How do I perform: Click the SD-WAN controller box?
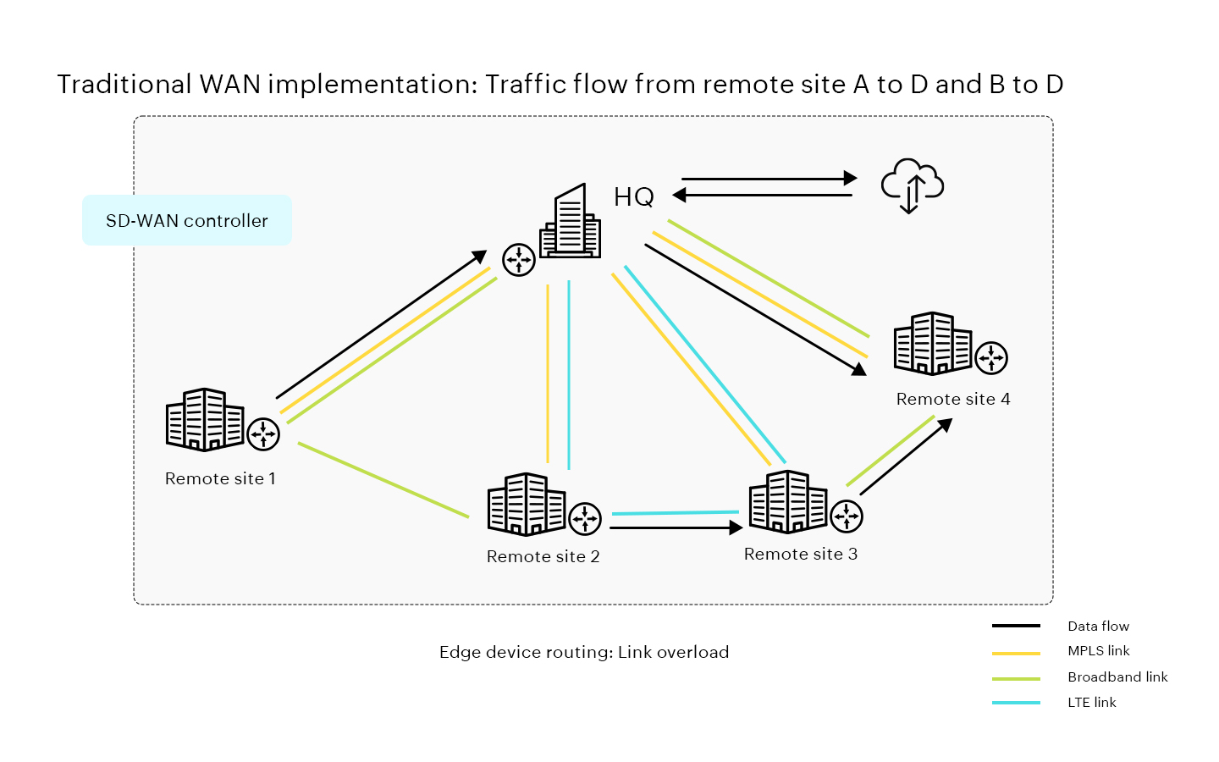(187, 220)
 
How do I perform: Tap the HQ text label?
(634, 197)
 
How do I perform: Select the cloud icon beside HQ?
(912, 185)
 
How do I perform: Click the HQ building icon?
(571, 222)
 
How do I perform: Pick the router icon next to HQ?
(519, 260)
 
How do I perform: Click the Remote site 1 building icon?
(205, 419)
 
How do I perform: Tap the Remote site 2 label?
(543, 556)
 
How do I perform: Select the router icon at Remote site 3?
(847, 516)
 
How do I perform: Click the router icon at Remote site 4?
(991, 357)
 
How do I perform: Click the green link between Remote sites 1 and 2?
(383, 479)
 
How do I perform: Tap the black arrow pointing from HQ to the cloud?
(769, 179)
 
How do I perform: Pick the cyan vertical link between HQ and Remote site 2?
(569, 374)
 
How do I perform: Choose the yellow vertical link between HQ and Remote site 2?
(548, 374)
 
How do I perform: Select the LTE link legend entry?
(1091, 703)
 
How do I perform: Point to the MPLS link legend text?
(1099, 651)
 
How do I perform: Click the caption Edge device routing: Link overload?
(584, 652)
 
